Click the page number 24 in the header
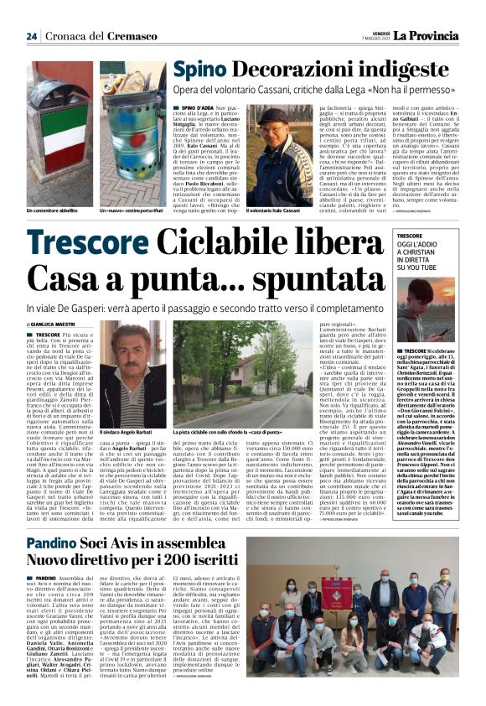pos(31,36)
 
